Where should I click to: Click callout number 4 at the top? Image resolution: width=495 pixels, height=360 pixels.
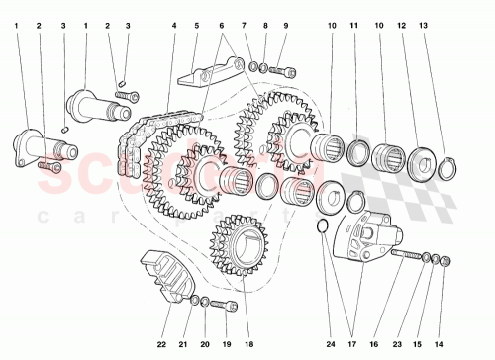[173, 25]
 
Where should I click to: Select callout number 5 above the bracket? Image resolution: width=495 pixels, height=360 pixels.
[197, 25]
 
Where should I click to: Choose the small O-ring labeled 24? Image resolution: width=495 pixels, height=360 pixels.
[323, 230]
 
